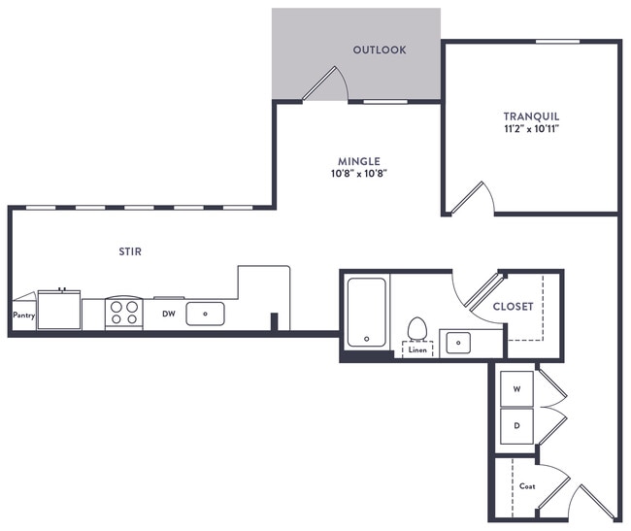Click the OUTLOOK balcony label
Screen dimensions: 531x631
[x=380, y=50]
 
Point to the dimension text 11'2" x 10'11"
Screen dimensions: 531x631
[x=531, y=128]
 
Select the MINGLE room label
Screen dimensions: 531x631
[x=359, y=161]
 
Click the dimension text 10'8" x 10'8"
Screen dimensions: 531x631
[x=359, y=175]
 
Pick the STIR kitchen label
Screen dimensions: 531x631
[x=129, y=251]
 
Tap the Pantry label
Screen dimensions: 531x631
[x=23, y=315]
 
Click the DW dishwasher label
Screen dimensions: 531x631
[x=167, y=314]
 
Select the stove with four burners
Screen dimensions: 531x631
[x=123, y=313]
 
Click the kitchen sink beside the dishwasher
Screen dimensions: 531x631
[x=205, y=314]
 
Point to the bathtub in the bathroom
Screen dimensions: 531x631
[x=366, y=311]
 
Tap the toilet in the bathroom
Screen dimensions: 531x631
[x=418, y=328]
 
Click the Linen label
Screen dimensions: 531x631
[x=417, y=349]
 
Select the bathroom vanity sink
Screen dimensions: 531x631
[x=456, y=342]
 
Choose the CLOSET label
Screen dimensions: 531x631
[x=513, y=306]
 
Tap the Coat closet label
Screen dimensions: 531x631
[x=527, y=485]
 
